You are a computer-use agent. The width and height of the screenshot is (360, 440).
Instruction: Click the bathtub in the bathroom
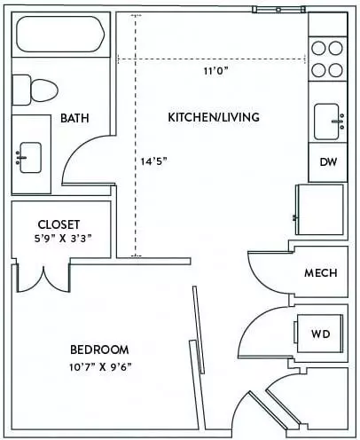click(60, 35)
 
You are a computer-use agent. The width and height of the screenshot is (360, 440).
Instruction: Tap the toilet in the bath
click(35, 90)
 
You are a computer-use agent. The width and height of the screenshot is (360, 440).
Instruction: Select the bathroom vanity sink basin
click(30, 157)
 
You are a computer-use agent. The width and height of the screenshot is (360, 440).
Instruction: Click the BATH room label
click(74, 118)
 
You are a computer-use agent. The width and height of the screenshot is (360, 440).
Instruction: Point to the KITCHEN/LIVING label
click(214, 117)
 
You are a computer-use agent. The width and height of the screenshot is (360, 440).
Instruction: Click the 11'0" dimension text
click(216, 71)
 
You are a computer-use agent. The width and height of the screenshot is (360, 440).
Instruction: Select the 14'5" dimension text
click(153, 161)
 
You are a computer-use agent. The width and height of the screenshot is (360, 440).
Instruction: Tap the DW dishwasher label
click(328, 162)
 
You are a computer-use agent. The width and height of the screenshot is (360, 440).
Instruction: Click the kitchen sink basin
click(326, 122)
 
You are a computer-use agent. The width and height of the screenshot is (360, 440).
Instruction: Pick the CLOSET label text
click(59, 224)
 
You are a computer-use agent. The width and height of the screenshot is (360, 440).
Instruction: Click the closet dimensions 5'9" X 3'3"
click(63, 239)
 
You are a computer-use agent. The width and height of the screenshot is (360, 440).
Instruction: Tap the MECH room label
click(321, 273)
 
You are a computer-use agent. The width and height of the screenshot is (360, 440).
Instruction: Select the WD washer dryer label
click(321, 334)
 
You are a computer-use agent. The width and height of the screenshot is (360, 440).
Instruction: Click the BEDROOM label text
click(99, 350)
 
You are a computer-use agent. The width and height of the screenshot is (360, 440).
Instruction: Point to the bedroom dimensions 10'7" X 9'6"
click(100, 367)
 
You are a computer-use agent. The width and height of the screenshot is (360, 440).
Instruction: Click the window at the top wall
click(278, 10)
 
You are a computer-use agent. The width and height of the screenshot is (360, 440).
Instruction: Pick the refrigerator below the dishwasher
click(320, 209)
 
